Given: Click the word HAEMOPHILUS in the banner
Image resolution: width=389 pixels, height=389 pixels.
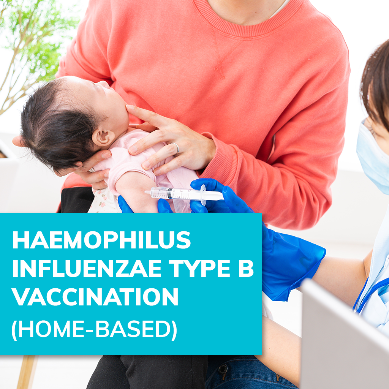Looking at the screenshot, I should pyautogui.click(x=101, y=240).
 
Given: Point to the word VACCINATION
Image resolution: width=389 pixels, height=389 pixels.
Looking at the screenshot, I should pyautogui.click(x=95, y=297).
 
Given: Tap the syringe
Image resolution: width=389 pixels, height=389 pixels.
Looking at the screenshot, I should pyautogui.click(x=179, y=194).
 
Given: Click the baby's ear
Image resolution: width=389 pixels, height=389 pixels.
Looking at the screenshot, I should pyautogui.click(x=103, y=137).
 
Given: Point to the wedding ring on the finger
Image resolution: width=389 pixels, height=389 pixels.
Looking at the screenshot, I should pyautogui.click(x=176, y=148).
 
